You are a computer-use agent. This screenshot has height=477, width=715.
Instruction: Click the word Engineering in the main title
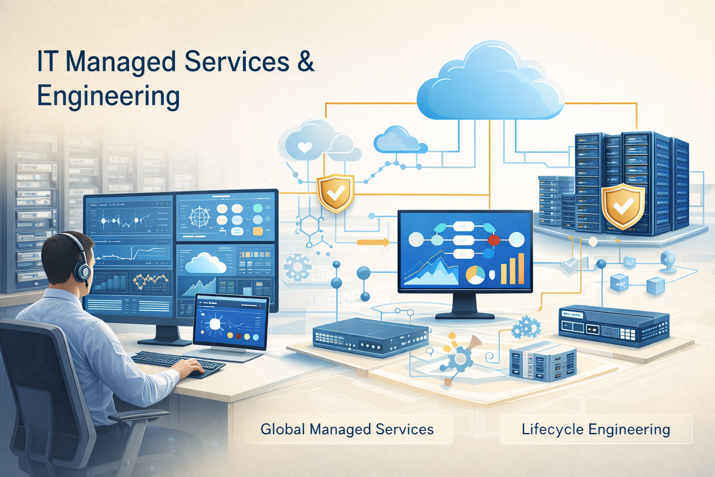(x=108, y=96)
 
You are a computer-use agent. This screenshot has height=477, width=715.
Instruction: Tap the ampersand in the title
(x=305, y=62)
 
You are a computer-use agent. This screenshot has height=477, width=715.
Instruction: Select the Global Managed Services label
(x=347, y=429)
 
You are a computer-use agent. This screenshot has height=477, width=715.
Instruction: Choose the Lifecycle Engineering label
(x=596, y=429)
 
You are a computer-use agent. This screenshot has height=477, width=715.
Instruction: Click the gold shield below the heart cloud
(x=335, y=192)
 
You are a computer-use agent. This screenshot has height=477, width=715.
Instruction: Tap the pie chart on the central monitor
(x=475, y=275)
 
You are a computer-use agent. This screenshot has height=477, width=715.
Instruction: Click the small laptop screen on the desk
(x=231, y=323)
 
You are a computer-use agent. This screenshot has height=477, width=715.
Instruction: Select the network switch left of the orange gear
(x=371, y=337)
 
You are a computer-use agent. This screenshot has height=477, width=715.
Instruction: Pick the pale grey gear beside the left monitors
(x=297, y=267)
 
